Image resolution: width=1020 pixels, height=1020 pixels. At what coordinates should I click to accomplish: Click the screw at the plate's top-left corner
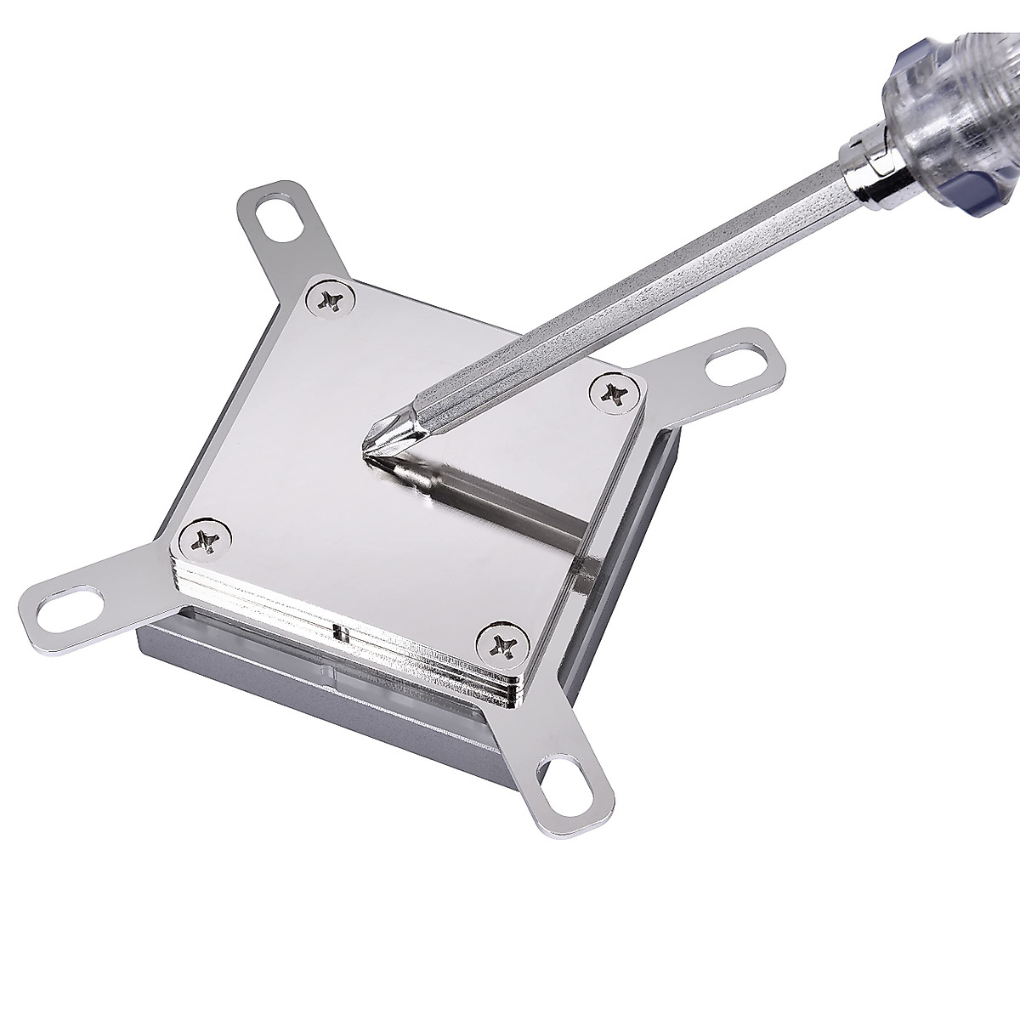(x=329, y=298)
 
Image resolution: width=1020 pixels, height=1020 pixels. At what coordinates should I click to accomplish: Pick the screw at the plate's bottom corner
(x=500, y=646)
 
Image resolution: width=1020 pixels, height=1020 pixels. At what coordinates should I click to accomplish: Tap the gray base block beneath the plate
(x=255, y=671)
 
